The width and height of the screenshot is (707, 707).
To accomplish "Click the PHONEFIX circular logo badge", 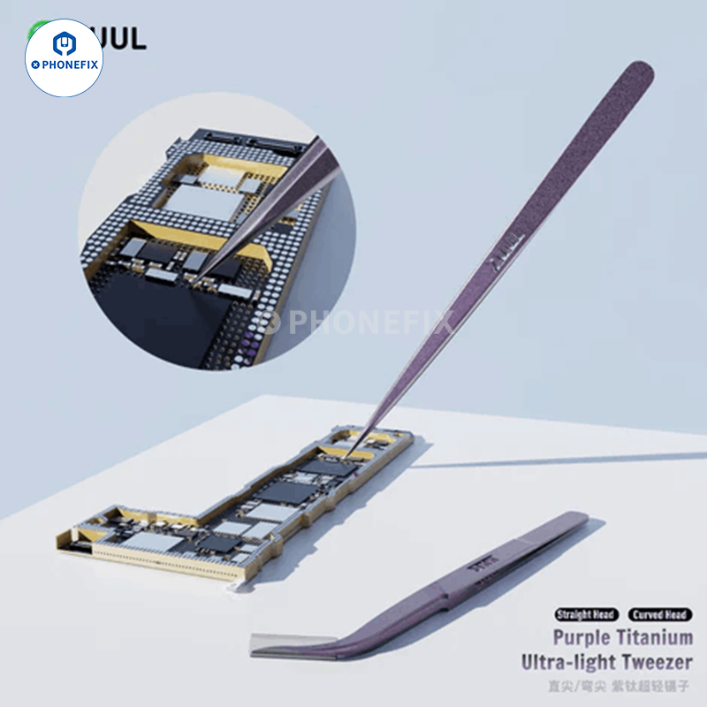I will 64,57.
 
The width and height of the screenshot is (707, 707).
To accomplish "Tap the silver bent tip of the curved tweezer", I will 274,644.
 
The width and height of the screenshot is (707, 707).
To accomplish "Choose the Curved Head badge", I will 661,614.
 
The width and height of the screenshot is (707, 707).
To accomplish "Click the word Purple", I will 583,637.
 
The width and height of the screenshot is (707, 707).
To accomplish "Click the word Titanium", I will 656,637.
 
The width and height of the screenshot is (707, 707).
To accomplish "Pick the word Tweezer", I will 665,661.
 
